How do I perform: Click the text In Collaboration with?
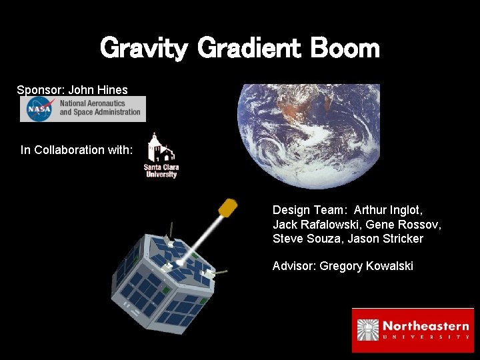pos(77,150)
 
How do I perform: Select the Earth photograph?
pos(308,136)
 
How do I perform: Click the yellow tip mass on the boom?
pos(229,207)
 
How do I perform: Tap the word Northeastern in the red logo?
pos(426,326)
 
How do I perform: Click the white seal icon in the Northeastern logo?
pos(369,330)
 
